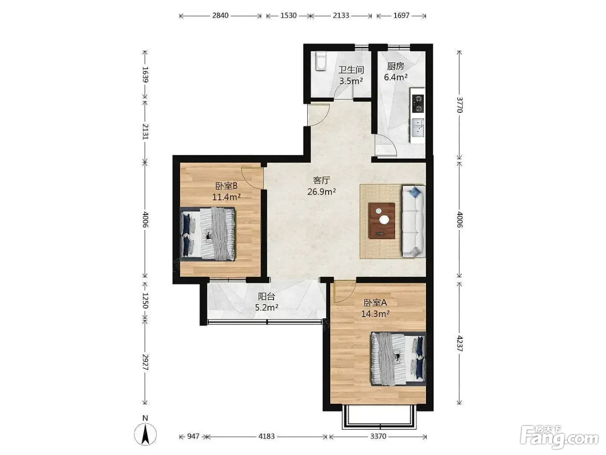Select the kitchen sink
[418, 127]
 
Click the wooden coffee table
[382, 220]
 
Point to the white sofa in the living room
[413, 221]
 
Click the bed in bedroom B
[208, 234]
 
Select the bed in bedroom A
[398, 359]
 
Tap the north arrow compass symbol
[145, 434]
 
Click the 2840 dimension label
[220, 15]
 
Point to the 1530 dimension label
[288, 15]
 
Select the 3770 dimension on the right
[459, 104]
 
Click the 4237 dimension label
[459, 343]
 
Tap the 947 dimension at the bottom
[193, 436]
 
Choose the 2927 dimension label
[145, 362]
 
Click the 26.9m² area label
[322, 191]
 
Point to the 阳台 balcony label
[266, 297]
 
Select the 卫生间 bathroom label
[351, 70]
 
